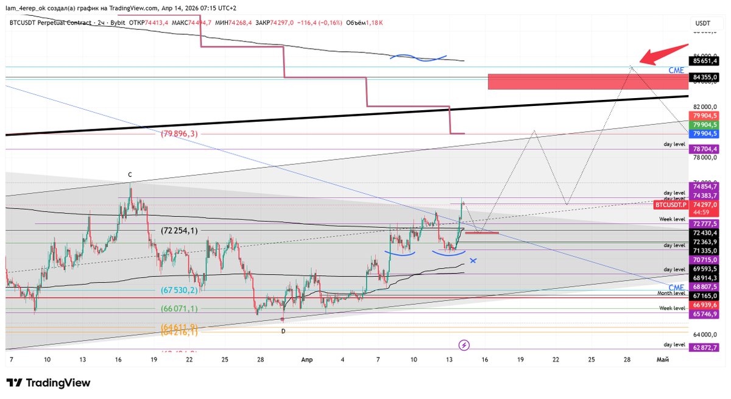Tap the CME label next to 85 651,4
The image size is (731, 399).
pos(676,71)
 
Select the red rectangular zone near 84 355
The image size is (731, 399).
pos(588,81)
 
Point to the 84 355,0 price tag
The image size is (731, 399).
pos(705,77)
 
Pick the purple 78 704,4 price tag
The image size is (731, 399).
pos(705,149)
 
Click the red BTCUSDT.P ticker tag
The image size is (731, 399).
pos(669,205)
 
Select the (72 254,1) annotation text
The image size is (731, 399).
pos(179,231)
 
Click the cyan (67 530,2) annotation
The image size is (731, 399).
pos(179,291)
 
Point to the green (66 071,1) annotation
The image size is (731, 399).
pos(179,309)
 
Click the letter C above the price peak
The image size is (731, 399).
pos(130,175)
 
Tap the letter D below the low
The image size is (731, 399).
pos(283,331)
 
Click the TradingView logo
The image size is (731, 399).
pos(49,383)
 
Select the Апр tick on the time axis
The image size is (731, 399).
pos(307,360)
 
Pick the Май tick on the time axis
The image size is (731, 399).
pos(663,360)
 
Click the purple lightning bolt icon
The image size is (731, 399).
pos(464,345)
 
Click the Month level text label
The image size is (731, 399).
pos(671,293)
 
